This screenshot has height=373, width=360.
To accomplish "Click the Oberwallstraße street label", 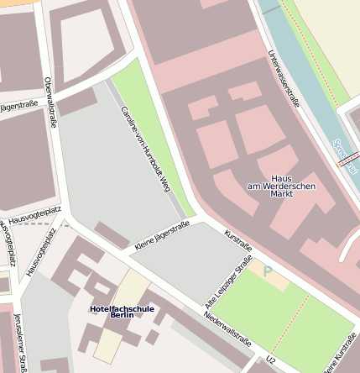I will click(x=50, y=102).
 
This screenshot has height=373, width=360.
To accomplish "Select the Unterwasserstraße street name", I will click(x=283, y=79).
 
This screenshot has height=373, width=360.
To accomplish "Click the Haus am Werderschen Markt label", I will click(x=282, y=186).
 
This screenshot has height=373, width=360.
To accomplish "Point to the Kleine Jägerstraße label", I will click(x=162, y=236).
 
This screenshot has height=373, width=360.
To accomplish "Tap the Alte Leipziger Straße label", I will click(x=229, y=281).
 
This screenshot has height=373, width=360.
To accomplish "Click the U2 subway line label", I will click(x=270, y=360).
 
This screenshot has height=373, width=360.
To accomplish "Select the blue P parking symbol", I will click(x=268, y=271).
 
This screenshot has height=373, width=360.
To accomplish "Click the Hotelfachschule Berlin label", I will click(x=123, y=311).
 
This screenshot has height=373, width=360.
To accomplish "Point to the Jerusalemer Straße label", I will click(x=20, y=341).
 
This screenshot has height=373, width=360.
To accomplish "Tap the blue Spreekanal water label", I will click(x=344, y=155).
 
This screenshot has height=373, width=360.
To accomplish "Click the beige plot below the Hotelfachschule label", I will click(x=107, y=345).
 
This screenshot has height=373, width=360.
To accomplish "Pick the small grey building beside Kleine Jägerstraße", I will click(x=112, y=234).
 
